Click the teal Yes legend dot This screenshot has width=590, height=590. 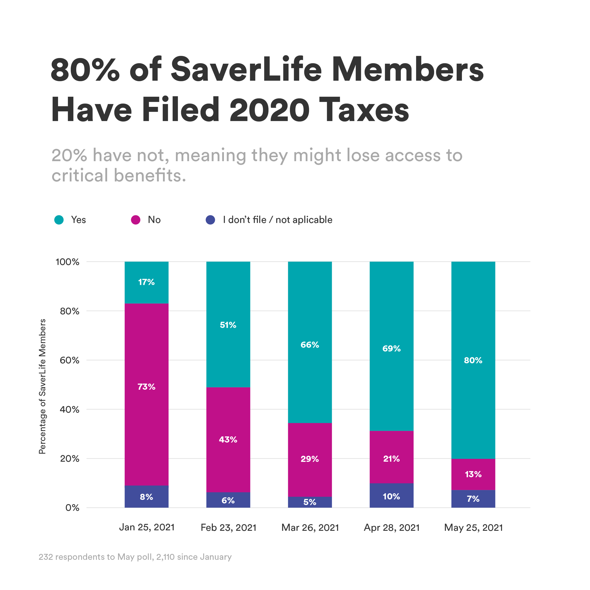(59, 220)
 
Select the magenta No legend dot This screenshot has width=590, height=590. (136, 220)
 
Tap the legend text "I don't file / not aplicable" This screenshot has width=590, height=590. (277, 220)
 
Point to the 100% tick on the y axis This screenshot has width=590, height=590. (67, 262)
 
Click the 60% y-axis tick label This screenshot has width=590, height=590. (70, 360)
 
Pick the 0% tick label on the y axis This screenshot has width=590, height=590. (72, 508)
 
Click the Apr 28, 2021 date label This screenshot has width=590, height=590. (392, 528)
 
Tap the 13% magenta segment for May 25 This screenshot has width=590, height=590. (473, 474)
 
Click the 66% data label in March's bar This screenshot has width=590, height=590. (310, 345)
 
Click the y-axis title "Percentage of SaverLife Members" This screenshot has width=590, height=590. (42, 386)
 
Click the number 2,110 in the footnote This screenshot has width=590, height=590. (165, 557)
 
